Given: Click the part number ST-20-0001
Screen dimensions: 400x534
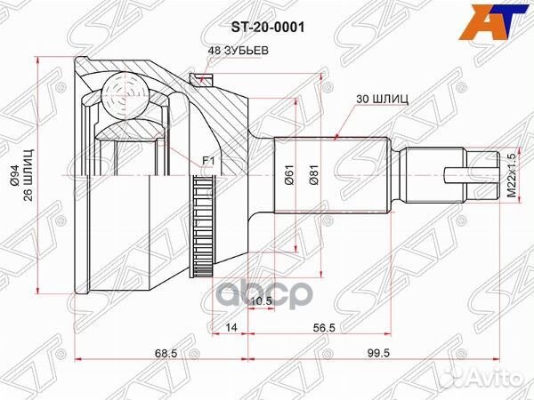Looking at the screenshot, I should (268, 28).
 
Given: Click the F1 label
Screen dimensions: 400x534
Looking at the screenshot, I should (209, 160).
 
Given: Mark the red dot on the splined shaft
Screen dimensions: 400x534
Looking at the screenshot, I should (336, 137).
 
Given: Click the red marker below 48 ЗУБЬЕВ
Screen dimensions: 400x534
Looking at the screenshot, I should (204, 80).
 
